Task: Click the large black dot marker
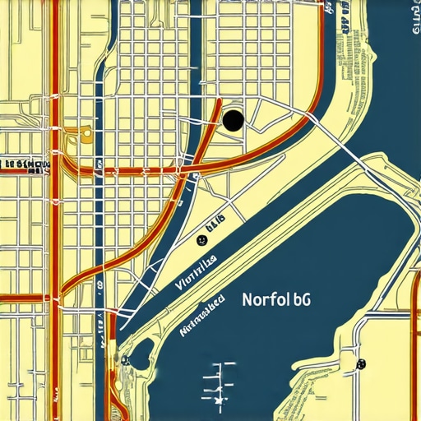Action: click(233, 121)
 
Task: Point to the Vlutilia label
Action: click(196, 273)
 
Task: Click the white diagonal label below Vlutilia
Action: click(201, 317)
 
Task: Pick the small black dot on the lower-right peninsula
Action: click(360, 363)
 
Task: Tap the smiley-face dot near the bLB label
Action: click(200, 240)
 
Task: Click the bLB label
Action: click(215, 222)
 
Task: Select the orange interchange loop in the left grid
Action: click(86, 132)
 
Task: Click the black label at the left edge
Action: click(25, 164)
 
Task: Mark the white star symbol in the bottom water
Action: click(219, 399)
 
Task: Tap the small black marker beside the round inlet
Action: click(125, 360)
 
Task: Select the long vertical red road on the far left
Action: click(56, 247)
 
